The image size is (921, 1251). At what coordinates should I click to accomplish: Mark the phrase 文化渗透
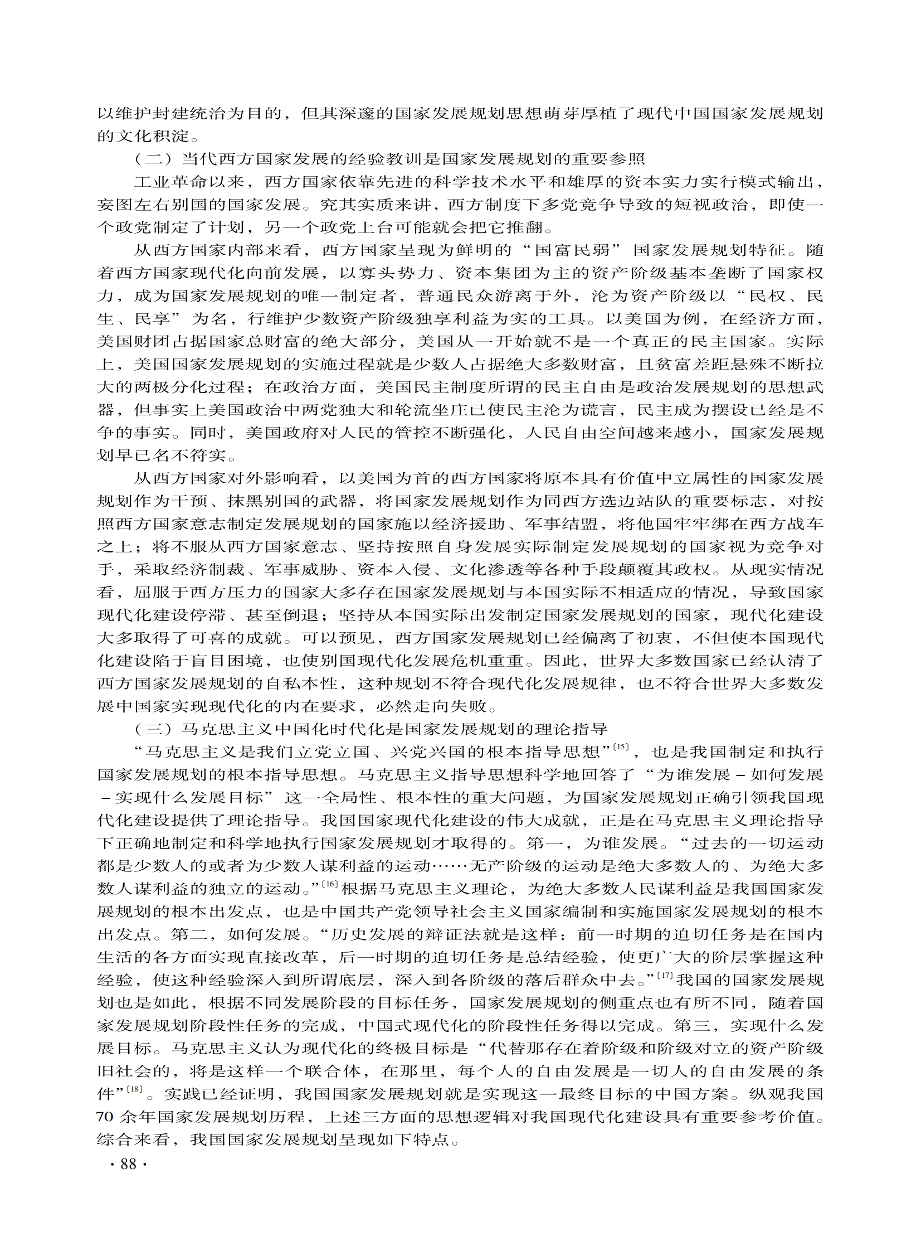pyautogui.click(x=487, y=570)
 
